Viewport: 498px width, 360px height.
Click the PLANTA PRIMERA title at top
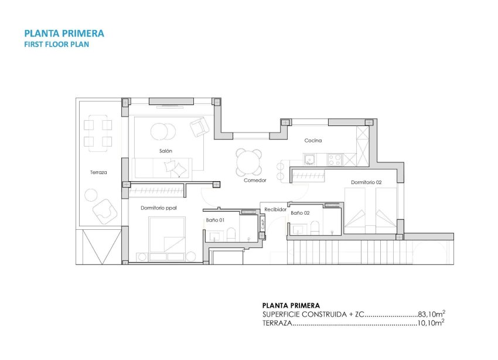[64, 33]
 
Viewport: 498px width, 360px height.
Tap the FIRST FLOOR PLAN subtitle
[56, 44]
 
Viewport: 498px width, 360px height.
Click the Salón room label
[166, 151]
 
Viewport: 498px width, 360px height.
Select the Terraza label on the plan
[98, 172]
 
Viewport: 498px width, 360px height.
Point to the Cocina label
[313, 141]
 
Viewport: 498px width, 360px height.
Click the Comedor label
[255, 181]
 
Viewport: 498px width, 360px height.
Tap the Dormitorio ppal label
[159, 208]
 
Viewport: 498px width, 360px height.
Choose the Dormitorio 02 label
[366, 182]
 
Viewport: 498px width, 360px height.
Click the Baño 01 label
[215, 220]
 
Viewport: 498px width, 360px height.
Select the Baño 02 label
[300, 213]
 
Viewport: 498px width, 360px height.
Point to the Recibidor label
[275, 209]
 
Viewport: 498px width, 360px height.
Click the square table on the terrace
[98, 133]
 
